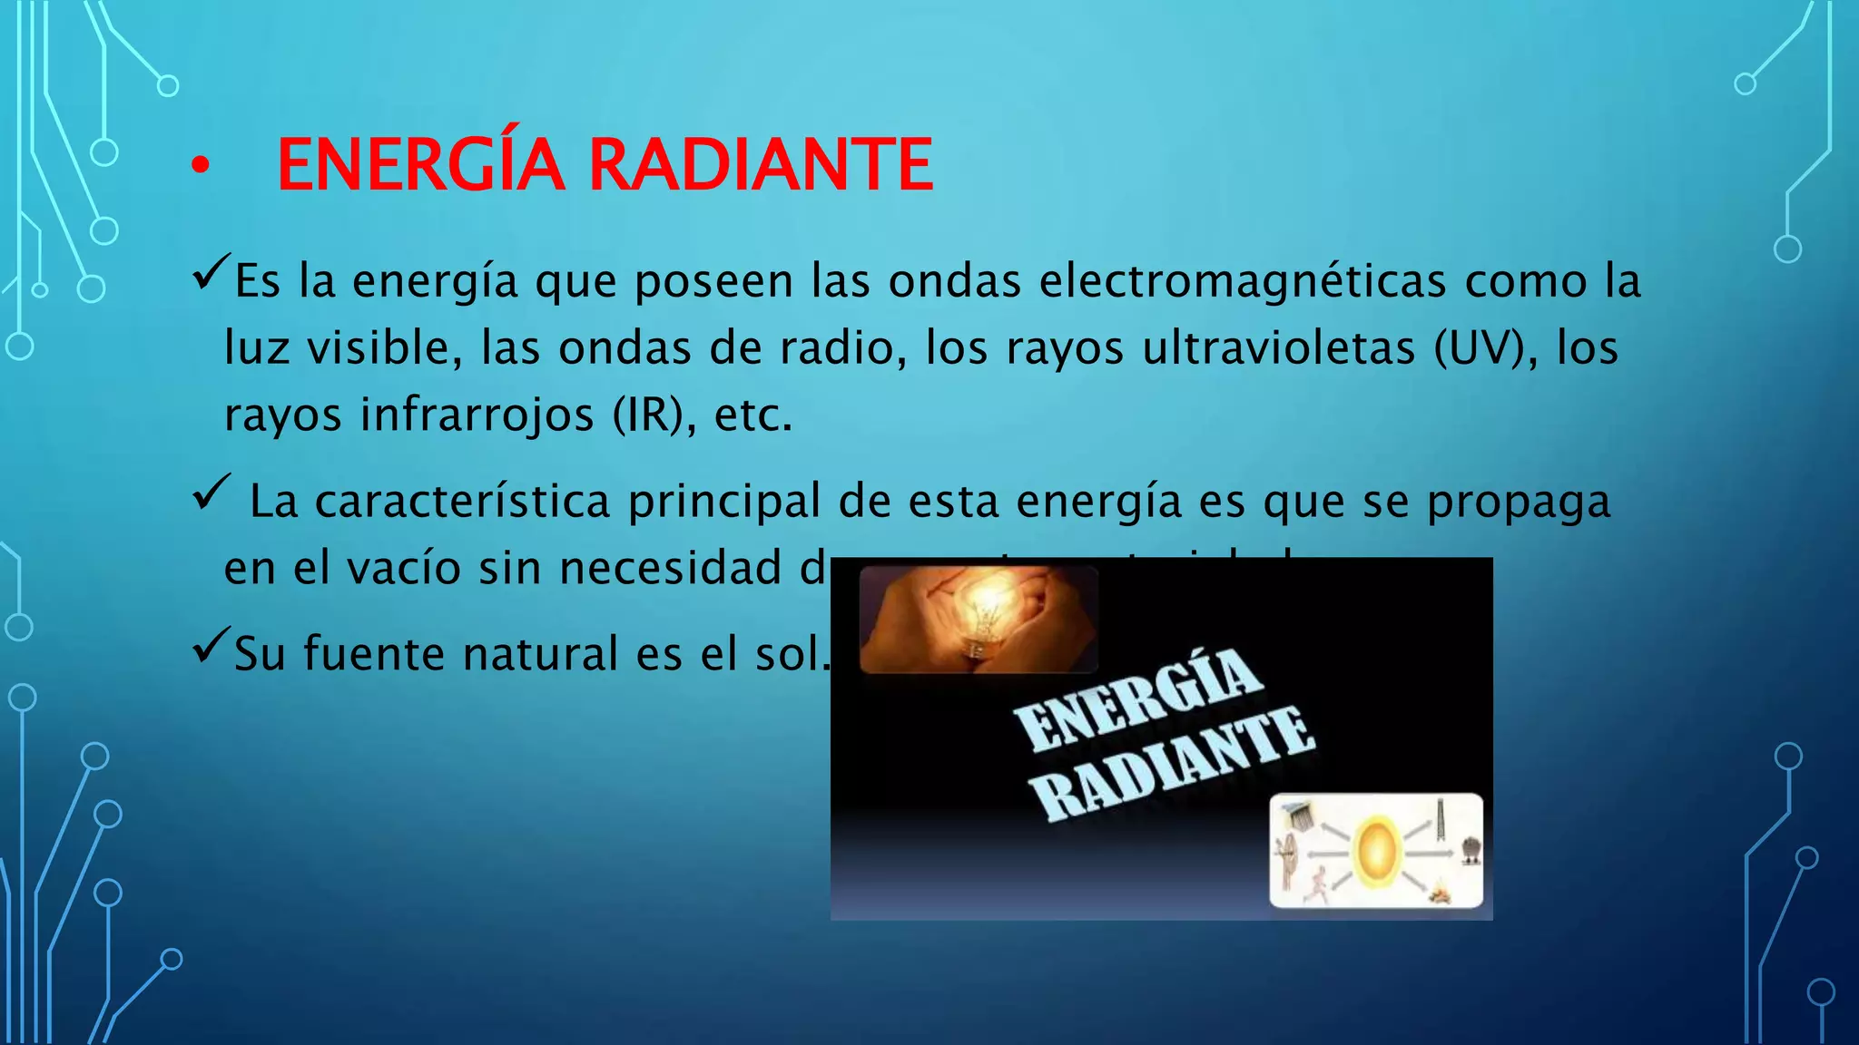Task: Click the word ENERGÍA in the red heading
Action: click(420, 165)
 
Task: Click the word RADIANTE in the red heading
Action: click(761, 165)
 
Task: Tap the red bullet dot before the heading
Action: click(200, 166)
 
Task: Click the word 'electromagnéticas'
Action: click(1242, 281)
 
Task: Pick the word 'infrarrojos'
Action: click(477, 415)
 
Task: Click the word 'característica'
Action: click(462, 502)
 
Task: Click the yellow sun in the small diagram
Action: click(1376, 851)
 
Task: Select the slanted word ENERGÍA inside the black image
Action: click(1137, 698)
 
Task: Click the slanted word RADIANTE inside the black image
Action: click(1173, 764)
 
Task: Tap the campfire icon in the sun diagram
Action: click(1440, 894)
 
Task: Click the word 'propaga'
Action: click(1519, 502)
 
